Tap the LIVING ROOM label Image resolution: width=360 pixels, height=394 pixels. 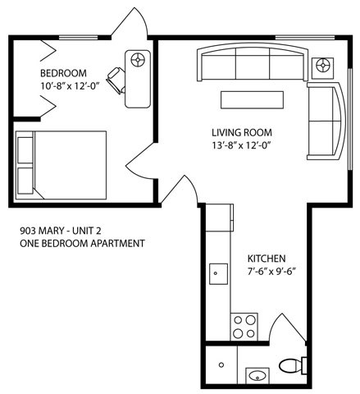click(241, 132)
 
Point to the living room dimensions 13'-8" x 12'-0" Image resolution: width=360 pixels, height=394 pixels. click(241, 145)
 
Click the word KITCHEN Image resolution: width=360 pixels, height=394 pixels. click(267, 256)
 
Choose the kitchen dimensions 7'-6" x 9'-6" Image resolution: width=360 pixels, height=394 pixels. click(271, 270)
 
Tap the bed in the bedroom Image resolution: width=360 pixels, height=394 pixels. click(62, 164)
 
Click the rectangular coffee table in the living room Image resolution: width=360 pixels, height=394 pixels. click(251, 99)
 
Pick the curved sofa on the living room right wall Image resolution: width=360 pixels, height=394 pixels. click(326, 120)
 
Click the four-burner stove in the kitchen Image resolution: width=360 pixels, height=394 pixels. click(243, 326)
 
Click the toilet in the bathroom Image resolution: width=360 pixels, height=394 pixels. click(291, 365)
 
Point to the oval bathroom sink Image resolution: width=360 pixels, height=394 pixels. click(257, 377)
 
